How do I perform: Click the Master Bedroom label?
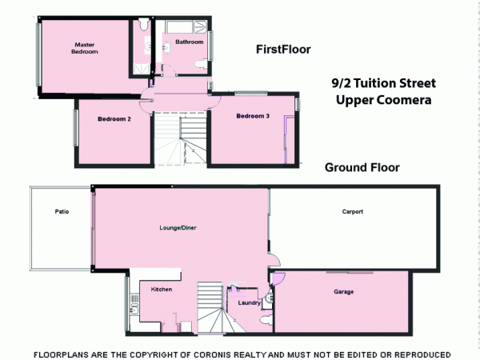pos(85,48)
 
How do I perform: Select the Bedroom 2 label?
pos(114,119)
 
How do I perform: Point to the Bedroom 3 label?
pos(252,117)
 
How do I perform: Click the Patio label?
pos(62,212)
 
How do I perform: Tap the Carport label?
pos(352,212)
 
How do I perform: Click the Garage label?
pos(344,292)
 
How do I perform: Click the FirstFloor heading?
pos(283,50)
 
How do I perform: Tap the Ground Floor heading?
pos(362,168)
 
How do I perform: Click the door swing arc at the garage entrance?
pos(279,278)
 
